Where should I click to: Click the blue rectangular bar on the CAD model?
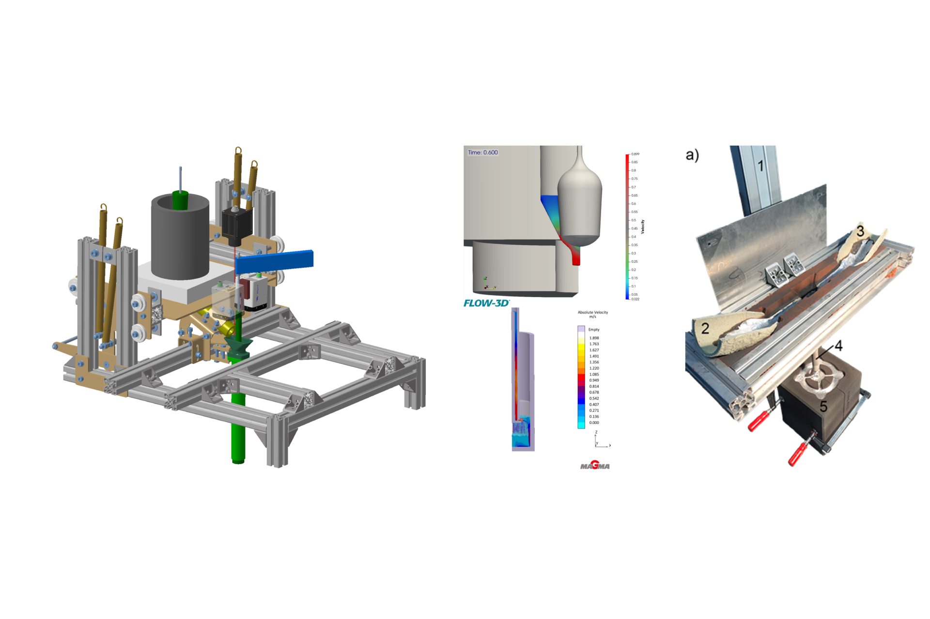pyautogui.click(x=274, y=261)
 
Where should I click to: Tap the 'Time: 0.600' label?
pyautogui.click(x=482, y=152)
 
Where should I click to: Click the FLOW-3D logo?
pyautogui.click(x=486, y=303)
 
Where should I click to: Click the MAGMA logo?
pyautogui.click(x=595, y=466)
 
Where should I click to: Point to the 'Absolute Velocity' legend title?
pyautogui.click(x=592, y=313)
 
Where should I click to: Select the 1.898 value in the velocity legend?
pyautogui.click(x=594, y=338)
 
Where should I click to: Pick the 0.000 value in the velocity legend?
pyautogui.click(x=594, y=423)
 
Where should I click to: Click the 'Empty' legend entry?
pyautogui.click(x=593, y=330)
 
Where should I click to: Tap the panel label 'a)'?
pyautogui.click(x=692, y=155)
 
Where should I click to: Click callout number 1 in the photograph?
pyautogui.click(x=760, y=166)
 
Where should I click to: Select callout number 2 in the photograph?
pyautogui.click(x=705, y=329)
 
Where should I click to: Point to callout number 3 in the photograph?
pyautogui.click(x=860, y=231)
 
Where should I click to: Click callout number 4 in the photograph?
pyautogui.click(x=838, y=346)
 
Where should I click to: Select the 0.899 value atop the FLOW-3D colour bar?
pyautogui.click(x=635, y=154)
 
